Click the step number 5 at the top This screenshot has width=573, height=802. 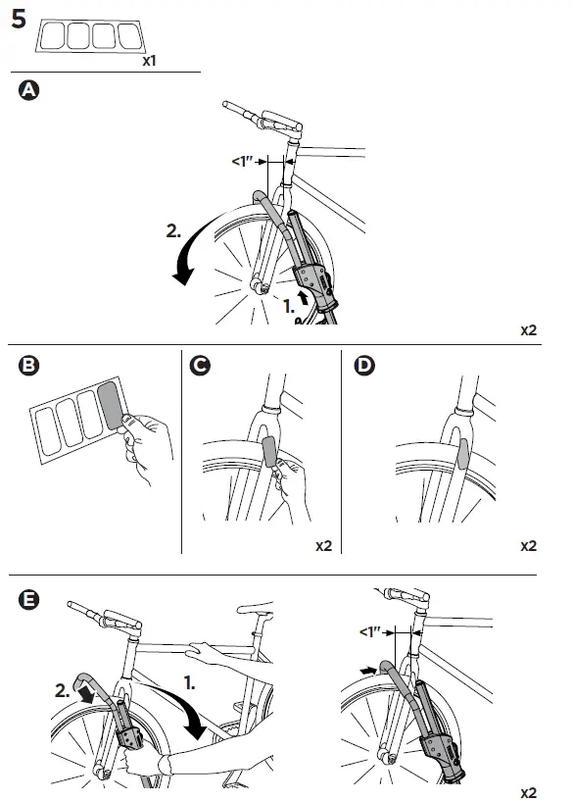coord(19,20)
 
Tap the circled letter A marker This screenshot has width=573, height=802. coord(28,90)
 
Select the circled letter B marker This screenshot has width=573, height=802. coord(28,365)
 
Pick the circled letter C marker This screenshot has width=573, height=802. coord(200,365)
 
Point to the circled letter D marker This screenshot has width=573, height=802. coord(364,365)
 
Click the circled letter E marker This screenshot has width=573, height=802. coord(28,599)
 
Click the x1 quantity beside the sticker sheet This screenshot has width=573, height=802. coord(149,61)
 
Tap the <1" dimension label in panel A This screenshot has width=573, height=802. coord(243,162)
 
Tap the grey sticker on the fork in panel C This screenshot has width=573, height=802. coord(269,452)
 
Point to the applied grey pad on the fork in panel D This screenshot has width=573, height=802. coord(462,454)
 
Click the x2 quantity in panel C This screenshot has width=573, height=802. coord(324,546)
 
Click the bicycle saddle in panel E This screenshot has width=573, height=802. coord(256,609)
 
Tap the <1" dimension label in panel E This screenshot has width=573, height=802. coord(371,632)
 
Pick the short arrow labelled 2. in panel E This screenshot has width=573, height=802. coord(85,693)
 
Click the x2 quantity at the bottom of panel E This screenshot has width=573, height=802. coord(529,793)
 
